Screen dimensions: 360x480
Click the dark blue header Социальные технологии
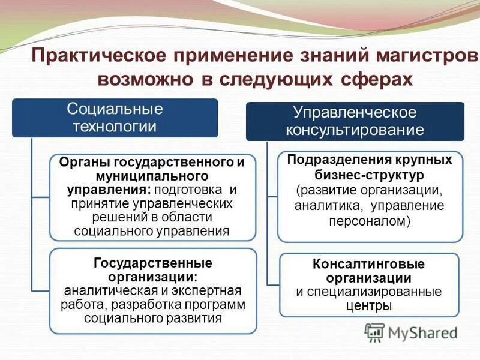click(115, 118)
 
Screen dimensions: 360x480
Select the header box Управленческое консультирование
click(355, 121)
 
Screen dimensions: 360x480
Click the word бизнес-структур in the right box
click(370, 175)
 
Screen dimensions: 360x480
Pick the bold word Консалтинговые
click(369, 264)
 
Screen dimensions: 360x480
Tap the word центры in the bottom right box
click(369, 306)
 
